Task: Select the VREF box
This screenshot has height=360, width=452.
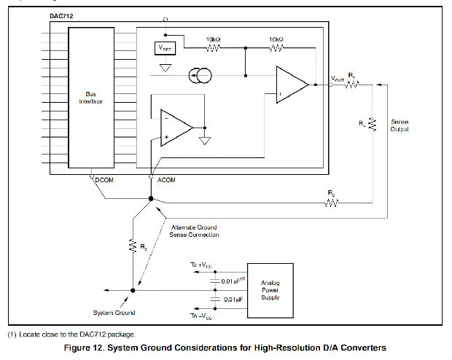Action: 165,48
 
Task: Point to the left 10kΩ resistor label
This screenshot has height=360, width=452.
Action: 214,39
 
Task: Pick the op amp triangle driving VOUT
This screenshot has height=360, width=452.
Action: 291,85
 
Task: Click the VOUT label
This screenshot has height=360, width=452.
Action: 338,78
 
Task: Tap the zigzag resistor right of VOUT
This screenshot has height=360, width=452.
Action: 352,85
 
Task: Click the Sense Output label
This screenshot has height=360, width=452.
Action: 400,125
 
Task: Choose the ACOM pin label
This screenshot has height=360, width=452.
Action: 165,179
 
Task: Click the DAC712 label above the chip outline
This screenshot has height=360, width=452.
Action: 64,15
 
